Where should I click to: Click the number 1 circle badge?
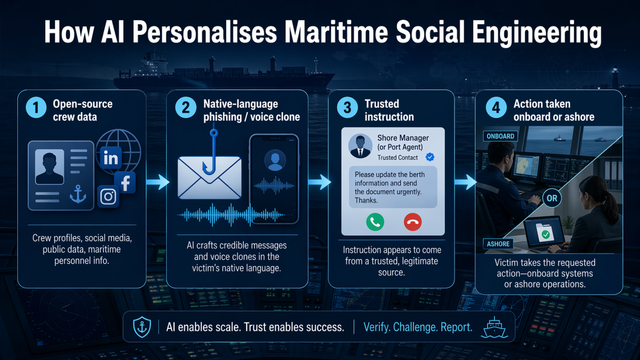[x=36, y=108]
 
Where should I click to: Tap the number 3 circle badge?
[x=347, y=108]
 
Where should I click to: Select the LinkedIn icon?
[x=111, y=158]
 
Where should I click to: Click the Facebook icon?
[x=125, y=182]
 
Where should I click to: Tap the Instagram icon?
[x=108, y=196]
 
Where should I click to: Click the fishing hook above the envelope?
[x=210, y=151]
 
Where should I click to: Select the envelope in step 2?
[x=209, y=178]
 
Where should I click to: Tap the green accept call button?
[x=375, y=222]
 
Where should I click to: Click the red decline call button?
[x=412, y=222]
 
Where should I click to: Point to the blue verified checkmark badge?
[x=430, y=157]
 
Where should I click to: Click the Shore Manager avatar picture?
[x=360, y=146]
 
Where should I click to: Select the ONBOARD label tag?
[x=500, y=136]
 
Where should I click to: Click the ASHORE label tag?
[x=498, y=244]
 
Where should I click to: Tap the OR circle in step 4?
[x=552, y=198]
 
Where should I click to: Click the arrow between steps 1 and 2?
[x=158, y=182]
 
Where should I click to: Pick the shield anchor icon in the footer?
[x=142, y=327]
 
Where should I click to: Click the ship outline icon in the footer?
[x=494, y=327]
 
